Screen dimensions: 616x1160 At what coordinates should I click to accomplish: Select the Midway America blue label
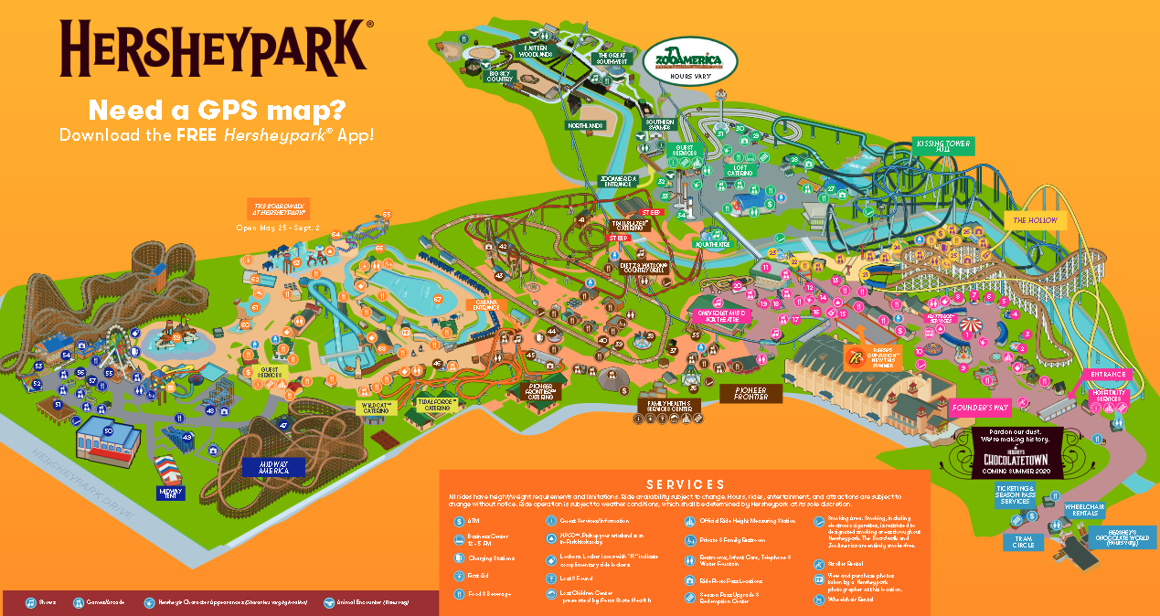click(x=273, y=466)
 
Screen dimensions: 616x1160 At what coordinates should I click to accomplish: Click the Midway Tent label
click(x=171, y=494)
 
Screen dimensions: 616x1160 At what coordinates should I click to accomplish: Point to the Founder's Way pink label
click(x=978, y=409)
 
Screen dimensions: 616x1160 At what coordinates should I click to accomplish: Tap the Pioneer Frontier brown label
click(x=750, y=393)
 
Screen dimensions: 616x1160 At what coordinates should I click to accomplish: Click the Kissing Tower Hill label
click(x=943, y=146)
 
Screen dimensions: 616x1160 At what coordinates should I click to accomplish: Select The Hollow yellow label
click(x=1035, y=220)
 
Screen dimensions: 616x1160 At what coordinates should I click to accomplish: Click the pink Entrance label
click(x=1109, y=375)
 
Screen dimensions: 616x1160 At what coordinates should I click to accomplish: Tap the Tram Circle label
click(x=1024, y=541)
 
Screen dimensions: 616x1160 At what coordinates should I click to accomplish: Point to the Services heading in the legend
click(x=685, y=484)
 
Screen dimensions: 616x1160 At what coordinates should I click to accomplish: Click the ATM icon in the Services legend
click(x=460, y=520)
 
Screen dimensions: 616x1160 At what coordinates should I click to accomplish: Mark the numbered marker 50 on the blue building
click(x=108, y=430)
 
